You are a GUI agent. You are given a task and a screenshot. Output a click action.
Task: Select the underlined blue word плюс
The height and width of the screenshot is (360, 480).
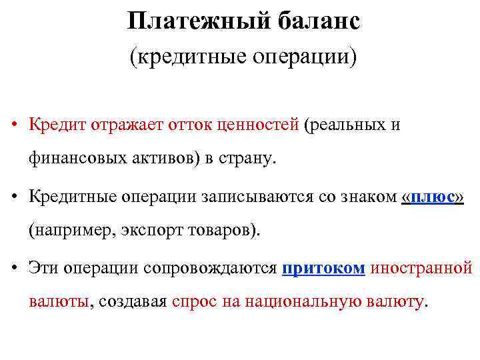tap(433, 197)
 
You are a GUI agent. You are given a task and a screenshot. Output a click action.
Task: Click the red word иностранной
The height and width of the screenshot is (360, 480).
tap(421, 268)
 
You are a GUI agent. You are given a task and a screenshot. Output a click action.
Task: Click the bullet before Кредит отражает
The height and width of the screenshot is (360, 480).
tap(13, 125)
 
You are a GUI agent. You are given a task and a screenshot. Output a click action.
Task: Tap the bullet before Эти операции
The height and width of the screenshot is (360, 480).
tap(13, 269)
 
